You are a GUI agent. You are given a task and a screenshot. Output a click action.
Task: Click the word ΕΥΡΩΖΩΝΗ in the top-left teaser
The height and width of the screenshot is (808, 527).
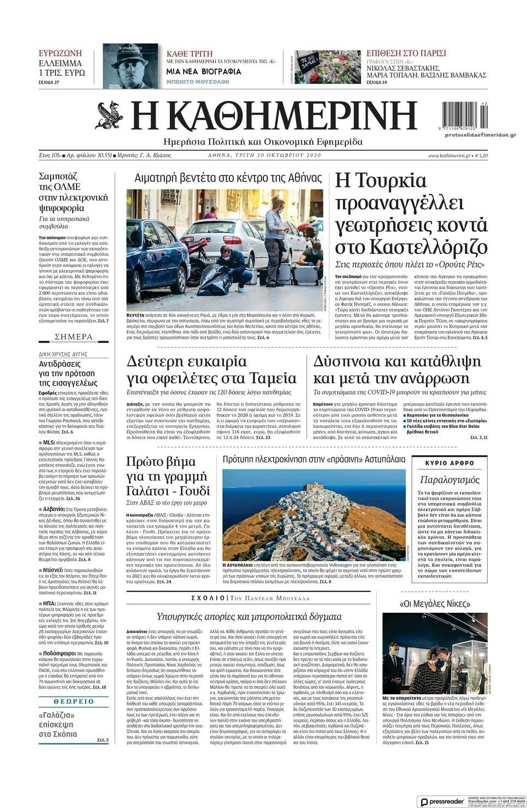pyautogui.click(x=60, y=53)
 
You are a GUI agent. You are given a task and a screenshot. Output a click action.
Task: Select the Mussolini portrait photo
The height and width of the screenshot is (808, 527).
pyautogui.click(x=130, y=66)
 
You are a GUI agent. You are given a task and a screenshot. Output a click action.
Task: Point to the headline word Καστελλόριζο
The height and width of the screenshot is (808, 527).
pyautogui.click(x=411, y=246)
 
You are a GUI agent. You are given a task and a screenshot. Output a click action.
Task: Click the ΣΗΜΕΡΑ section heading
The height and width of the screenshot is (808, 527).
pyautogui.click(x=74, y=337)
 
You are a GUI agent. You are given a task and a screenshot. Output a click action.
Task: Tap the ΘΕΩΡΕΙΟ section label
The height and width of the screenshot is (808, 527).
pyautogui.click(x=74, y=701)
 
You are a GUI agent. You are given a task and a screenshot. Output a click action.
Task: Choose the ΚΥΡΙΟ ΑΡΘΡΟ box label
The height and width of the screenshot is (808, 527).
pyautogui.click(x=449, y=463)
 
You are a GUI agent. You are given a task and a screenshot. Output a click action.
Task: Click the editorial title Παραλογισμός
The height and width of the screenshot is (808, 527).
pyautogui.click(x=449, y=480)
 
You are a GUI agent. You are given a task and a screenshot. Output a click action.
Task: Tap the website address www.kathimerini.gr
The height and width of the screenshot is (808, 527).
pyautogui.click(x=449, y=156)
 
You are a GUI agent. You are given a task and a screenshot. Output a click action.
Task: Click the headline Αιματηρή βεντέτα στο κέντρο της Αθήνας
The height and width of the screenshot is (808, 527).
pyautogui.click(x=228, y=178)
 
